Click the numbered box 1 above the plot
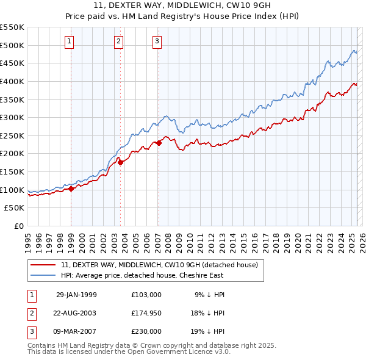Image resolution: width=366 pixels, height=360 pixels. click(69, 41)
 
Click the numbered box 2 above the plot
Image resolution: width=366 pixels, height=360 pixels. click(118, 41)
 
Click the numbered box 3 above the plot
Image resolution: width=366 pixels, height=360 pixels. click(157, 41)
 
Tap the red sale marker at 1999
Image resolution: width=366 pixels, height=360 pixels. click(71, 189)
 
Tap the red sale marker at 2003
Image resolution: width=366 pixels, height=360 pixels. click(120, 162)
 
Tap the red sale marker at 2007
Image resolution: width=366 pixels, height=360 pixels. click(159, 143)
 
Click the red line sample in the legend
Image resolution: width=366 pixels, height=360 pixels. click(43, 265)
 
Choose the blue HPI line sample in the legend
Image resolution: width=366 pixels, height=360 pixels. click(43, 275)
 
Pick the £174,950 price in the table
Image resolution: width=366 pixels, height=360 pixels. click(146, 313)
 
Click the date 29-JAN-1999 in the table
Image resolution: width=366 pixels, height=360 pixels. click(76, 295)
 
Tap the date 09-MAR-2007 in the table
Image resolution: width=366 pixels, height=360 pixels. click(76, 331)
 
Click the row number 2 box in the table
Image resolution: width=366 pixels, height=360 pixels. click(30, 313)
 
